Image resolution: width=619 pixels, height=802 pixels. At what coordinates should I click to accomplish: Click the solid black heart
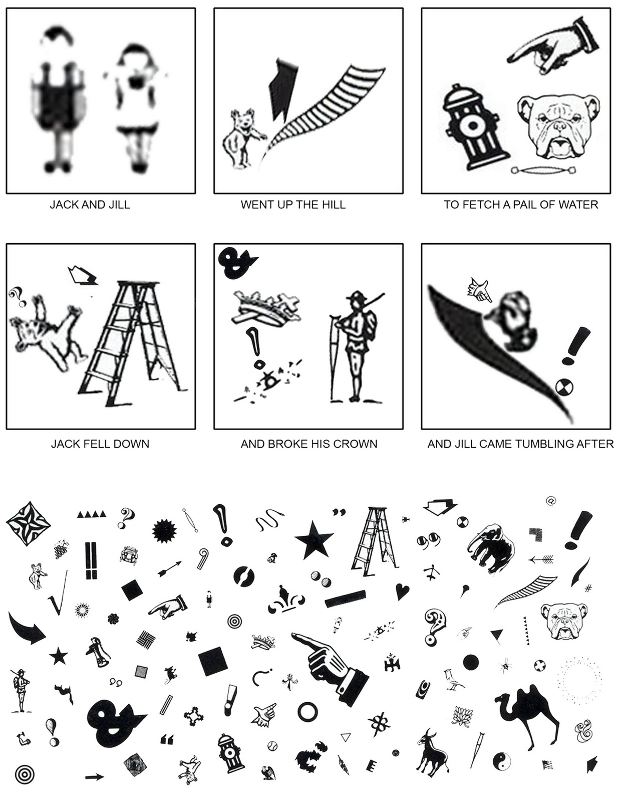point(402,591)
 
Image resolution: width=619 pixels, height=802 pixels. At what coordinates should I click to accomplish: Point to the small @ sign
point(551,501)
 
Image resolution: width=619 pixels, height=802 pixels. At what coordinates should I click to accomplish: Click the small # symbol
point(588,588)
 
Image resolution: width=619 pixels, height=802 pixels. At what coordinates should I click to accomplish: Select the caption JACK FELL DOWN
point(100,444)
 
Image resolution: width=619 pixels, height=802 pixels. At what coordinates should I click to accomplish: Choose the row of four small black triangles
point(92,514)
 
